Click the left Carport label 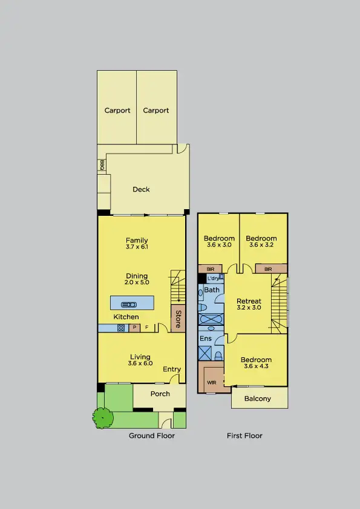[x=117, y=111]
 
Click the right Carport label [x=155, y=111]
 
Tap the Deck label [x=141, y=189]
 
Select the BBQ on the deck [x=102, y=165]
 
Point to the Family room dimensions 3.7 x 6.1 [x=137, y=247]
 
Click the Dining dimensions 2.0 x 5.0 [x=137, y=282]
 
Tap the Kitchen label [x=126, y=317]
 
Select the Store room [x=178, y=320]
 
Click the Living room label [x=139, y=357]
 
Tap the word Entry [x=172, y=369]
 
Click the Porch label [x=160, y=394]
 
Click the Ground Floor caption [x=152, y=435]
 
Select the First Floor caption [x=244, y=435]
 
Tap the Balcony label [x=258, y=398]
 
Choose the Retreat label [x=249, y=301]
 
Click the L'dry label [x=213, y=278]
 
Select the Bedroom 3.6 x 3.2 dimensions [x=261, y=245]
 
